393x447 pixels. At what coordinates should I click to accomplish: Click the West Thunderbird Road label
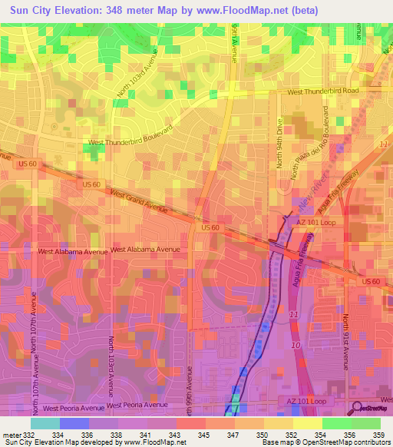coord(322,91)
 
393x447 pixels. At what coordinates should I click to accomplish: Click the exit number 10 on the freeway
coord(296,346)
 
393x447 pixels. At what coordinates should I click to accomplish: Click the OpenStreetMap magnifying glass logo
coord(357,408)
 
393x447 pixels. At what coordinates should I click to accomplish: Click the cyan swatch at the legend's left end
coord(45,422)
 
